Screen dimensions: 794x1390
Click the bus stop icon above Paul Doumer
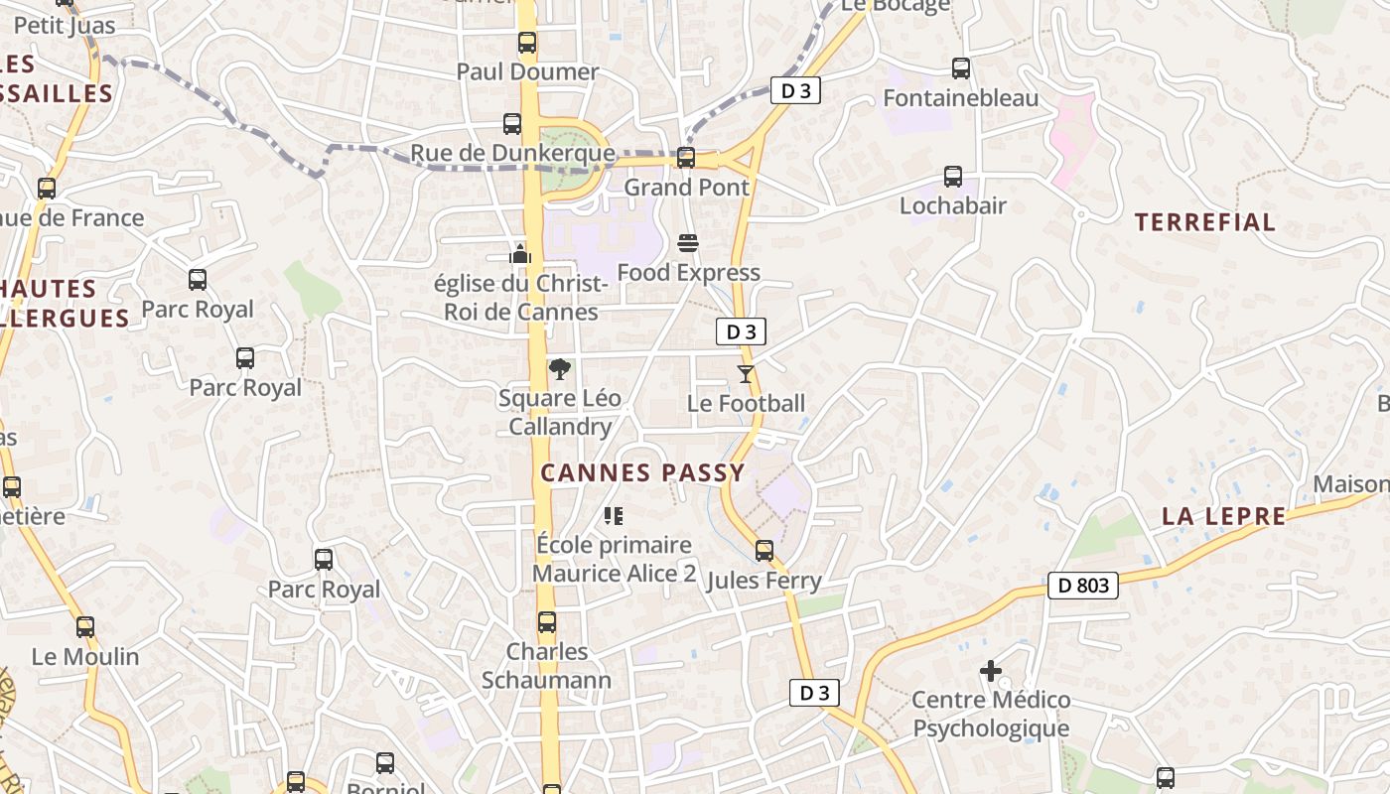coord(527,43)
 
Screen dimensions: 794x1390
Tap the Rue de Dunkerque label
coord(512,155)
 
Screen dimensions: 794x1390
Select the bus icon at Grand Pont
coord(685,158)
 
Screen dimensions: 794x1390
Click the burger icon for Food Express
coord(687,243)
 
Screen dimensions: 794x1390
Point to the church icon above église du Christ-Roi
coord(519,255)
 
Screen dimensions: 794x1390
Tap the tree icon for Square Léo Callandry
coord(560,369)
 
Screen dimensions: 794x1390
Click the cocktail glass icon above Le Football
coord(746,374)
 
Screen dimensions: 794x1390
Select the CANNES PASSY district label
coord(642,473)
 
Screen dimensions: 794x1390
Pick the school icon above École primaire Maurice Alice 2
coord(614,516)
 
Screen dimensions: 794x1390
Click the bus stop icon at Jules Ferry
coord(764,551)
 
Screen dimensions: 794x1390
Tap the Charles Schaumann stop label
coord(546,666)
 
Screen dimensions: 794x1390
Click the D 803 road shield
coord(1082,586)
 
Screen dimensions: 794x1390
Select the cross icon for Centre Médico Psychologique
coord(990,672)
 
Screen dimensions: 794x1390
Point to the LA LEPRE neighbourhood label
coord(1223,516)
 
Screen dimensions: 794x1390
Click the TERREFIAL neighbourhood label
coord(1204,222)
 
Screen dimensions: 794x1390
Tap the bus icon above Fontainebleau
coord(960,68)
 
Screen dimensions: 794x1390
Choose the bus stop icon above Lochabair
coord(952,177)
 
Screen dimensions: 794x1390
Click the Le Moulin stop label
coord(85,657)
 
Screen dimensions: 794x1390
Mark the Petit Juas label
coord(65,26)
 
